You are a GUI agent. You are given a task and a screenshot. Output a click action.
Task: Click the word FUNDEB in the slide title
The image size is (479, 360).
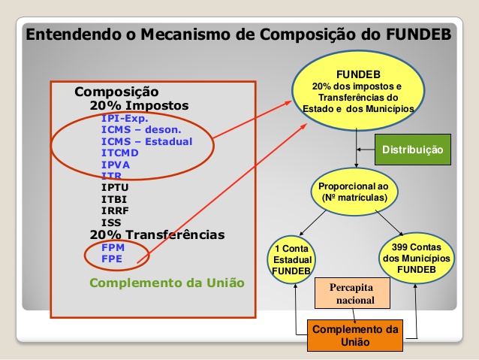point(418,34)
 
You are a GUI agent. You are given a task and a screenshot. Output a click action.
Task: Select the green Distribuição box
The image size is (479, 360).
point(413,150)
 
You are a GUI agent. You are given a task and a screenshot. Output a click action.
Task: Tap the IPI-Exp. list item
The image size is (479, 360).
point(125,118)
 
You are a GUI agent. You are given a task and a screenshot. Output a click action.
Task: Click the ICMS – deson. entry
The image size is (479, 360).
point(141,130)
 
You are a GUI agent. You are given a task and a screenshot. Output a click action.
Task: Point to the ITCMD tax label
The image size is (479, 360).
point(120,153)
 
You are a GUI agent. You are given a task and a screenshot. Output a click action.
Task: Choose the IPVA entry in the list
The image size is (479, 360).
point(116,165)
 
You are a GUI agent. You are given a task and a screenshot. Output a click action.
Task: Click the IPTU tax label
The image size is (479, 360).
point(115,187)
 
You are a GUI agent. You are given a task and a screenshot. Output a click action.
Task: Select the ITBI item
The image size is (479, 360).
point(114,199)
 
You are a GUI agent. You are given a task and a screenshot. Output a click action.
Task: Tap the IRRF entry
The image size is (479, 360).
point(115,210)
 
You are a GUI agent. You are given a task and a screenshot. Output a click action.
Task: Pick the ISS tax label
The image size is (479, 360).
point(111,222)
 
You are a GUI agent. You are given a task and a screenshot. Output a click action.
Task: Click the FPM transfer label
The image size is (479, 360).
point(113,247)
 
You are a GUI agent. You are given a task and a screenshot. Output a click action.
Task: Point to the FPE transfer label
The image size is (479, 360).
point(112,259)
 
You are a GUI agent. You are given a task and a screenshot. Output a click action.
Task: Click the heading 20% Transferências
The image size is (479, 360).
point(158,234)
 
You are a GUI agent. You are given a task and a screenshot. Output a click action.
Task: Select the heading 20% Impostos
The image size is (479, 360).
point(140,105)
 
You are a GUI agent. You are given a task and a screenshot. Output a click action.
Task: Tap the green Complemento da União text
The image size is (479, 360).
point(167,283)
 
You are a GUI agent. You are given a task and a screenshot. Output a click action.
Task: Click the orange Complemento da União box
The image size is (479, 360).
point(355,335)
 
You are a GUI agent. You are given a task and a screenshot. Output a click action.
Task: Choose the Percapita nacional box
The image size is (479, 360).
point(353,293)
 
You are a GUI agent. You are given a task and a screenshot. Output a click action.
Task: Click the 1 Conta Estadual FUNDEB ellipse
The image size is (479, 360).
point(292,259)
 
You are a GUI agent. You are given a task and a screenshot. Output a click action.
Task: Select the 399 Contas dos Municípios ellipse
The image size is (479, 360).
point(417,258)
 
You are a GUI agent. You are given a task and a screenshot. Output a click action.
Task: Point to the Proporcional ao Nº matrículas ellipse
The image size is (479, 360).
point(354,192)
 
